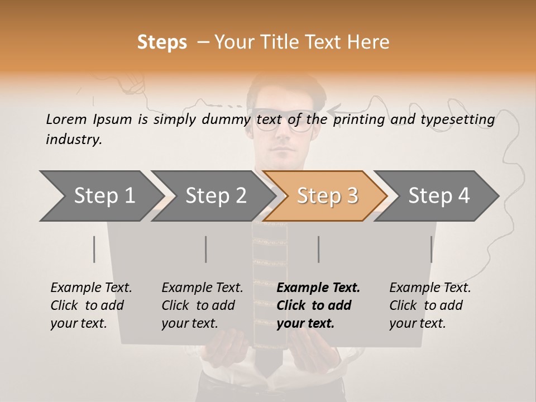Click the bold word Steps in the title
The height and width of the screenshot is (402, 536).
pos(162,42)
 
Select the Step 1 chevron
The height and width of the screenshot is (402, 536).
pos(100,195)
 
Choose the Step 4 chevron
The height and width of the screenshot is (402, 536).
pos(437,195)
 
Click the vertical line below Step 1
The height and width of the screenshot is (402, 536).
pos(94,249)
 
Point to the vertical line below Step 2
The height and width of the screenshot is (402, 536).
pos(206,249)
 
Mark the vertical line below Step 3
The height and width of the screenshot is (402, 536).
pos(318,249)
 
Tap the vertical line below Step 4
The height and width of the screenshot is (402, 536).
pos(431,249)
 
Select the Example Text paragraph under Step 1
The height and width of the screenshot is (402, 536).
pos(91,305)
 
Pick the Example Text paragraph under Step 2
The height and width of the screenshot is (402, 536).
pos(202,305)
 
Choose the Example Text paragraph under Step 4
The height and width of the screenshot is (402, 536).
pos(430,305)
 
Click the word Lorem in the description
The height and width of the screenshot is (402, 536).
pos(66,119)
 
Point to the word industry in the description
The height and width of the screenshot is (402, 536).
pos(74,139)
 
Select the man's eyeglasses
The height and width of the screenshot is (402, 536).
pos(283,121)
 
